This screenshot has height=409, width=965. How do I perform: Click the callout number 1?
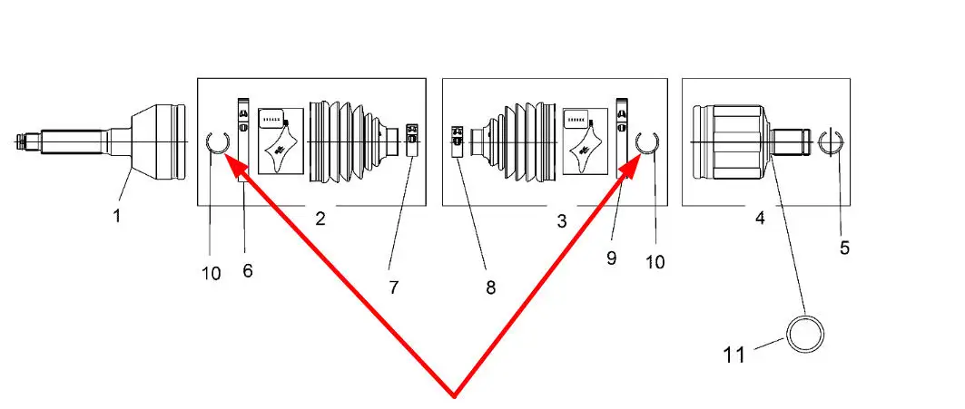pos(116,216)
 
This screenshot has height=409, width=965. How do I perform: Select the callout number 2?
pos(320,218)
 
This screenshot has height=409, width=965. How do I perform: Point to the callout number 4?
pos(759,218)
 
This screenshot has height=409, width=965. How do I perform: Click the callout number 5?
pos(844,247)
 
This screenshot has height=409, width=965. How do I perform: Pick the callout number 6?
pos(247,270)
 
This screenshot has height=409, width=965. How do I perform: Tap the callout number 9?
pos(611,258)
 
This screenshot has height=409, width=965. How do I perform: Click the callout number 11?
pos(735,353)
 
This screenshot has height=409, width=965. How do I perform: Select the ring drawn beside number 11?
pos(805,335)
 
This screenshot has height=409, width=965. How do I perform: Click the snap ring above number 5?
pos(832,142)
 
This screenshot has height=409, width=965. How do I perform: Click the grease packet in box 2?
pos(281,140)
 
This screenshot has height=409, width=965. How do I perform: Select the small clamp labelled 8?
pos(458,141)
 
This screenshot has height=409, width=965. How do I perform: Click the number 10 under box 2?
pos(211,274)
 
